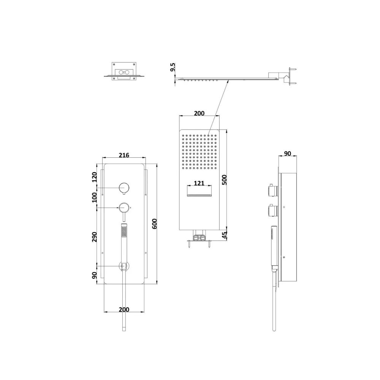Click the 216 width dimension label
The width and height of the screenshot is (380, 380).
(124, 155)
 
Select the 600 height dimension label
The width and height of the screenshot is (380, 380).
(154, 224)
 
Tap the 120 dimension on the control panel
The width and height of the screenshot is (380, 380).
(94, 177)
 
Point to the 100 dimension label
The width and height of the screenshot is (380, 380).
(94, 198)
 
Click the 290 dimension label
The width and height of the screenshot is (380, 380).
(94, 237)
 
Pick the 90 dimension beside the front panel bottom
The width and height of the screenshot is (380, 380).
(94, 275)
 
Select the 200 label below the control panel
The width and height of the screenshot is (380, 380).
(124, 309)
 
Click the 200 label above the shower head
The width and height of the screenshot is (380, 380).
(199, 113)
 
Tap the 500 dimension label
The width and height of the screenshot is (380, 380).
(225, 180)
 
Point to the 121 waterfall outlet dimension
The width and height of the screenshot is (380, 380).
(199, 183)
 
